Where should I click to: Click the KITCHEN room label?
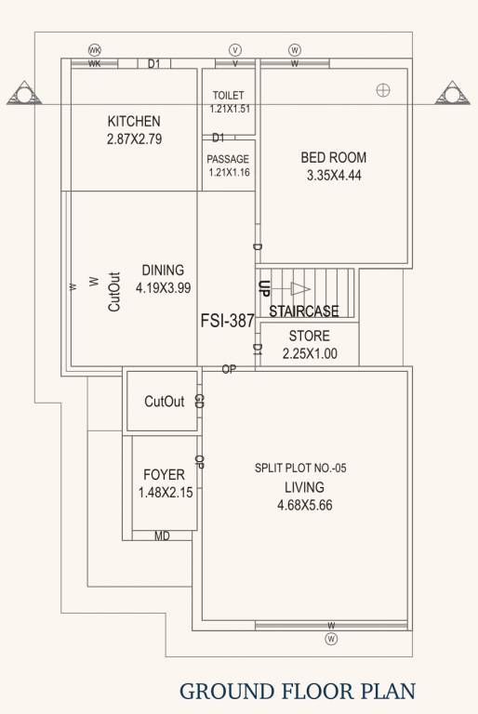pos(134,121)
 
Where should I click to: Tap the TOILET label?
pos(229,96)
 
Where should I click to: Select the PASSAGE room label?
pos(228,159)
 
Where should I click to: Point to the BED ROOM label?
pos(333,157)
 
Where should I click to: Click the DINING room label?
pos(163,271)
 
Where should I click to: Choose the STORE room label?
pos(309,336)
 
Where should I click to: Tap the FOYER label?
pos(165,475)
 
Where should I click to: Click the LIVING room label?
pos(304,487)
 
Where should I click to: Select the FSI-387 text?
pos(227,320)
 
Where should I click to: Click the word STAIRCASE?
pos(303,311)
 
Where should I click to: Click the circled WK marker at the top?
pos(94,49)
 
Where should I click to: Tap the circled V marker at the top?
pos(235,49)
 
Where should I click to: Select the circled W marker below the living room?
pos(332,639)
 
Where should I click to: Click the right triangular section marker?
pos(453,94)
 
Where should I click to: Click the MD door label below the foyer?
pos(162,536)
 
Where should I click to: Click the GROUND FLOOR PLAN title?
pos(297,690)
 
